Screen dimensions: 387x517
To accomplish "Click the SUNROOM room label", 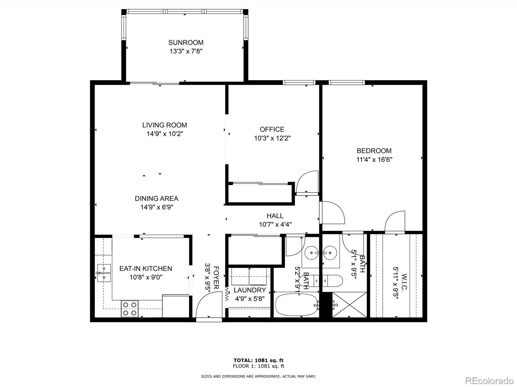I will pyautogui.click(x=186, y=43).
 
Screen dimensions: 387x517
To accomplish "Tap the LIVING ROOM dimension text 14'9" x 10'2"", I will pyautogui.click(x=164, y=134).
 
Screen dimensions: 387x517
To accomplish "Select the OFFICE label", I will pyautogui.click(x=272, y=129).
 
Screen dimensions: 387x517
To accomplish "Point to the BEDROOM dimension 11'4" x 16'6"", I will pyautogui.click(x=374, y=159).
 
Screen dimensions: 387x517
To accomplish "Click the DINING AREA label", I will pyautogui.click(x=156, y=199).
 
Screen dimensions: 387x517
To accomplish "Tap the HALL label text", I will pyautogui.click(x=275, y=216).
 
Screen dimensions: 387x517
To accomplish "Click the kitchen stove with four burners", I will pyautogui.click(x=130, y=308).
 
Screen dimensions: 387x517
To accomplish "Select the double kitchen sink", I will pyautogui.click(x=104, y=273).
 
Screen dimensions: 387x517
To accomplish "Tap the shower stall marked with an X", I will pyautogui.click(x=350, y=305).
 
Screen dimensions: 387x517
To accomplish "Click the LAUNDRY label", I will pyautogui.click(x=250, y=290).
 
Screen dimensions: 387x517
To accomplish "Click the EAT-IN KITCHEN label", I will pyautogui.click(x=146, y=268).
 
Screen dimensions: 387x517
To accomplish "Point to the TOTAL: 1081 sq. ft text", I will pyautogui.click(x=258, y=360).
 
